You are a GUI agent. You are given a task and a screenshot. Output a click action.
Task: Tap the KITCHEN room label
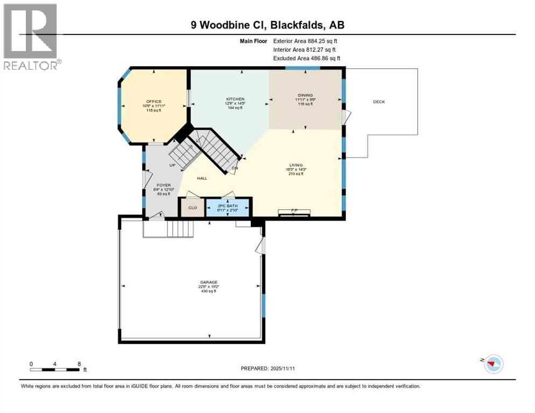(235, 99)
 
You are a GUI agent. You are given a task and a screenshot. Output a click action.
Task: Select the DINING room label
(305, 96)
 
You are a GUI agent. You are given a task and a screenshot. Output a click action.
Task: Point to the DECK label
(379, 102)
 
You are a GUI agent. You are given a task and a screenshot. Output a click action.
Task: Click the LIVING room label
(295, 165)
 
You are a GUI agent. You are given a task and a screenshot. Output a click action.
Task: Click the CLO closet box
(192, 208)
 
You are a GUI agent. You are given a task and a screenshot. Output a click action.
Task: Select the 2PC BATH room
(228, 208)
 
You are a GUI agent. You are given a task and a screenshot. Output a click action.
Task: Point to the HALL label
(202, 179)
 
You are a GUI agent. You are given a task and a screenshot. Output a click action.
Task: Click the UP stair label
(172, 165)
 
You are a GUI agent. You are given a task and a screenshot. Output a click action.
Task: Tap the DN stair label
(235, 168)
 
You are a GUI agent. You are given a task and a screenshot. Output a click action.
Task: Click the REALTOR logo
(32, 36)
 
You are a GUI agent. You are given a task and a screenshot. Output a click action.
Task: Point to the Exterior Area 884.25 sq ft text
(305, 41)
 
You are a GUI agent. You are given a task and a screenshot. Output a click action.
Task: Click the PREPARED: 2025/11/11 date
(267, 368)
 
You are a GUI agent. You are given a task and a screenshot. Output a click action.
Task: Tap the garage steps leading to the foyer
(180, 230)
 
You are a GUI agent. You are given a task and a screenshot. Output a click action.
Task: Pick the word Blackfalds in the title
(302, 25)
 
